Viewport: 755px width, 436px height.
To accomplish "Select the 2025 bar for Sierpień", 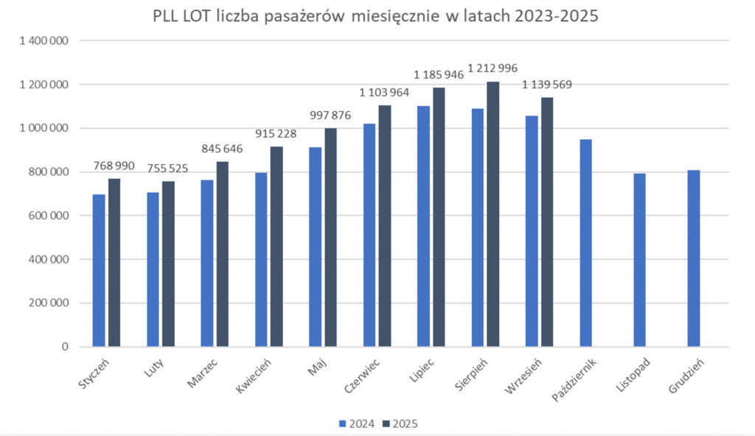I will click(493, 214).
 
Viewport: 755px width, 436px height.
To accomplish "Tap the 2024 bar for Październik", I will click(585, 243).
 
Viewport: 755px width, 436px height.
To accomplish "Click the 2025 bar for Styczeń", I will click(114, 262).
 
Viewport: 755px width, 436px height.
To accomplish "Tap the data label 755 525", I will click(168, 169).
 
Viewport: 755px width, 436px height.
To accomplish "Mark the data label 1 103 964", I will click(385, 94).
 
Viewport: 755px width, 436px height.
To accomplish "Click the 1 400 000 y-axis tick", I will click(43, 41).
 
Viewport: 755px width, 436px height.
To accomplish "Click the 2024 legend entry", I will click(356, 423).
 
